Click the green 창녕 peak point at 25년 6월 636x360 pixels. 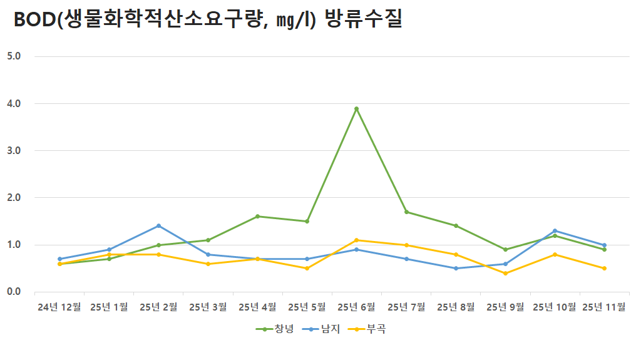tap(356, 109)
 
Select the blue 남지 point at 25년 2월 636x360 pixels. tap(158, 226)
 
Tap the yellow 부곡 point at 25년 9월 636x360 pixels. tap(505, 273)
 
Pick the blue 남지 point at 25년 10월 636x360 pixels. tap(555, 231)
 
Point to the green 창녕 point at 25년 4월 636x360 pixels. tap(257, 217)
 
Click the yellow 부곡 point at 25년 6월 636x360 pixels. tap(356, 240)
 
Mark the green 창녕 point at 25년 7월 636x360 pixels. tap(406, 212)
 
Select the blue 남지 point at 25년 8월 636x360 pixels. tap(456, 269)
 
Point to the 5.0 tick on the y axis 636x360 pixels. tap(14, 56)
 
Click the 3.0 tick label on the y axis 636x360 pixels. tap(14, 150)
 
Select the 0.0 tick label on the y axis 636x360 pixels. tap(14, 292)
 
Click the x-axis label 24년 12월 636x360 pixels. tap(59, 307)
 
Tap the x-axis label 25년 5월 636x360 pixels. tap(307, 307)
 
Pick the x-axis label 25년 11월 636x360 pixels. tap(603, 307)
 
